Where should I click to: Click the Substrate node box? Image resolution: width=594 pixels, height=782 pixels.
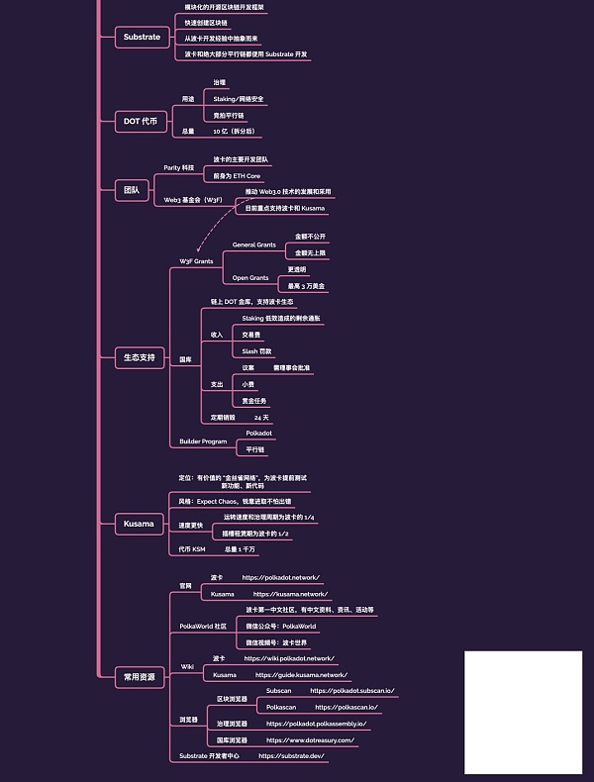pyautogui.click(x=142, y=38)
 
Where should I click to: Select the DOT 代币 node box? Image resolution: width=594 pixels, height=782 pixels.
pyautogui.click(x=140, y=121)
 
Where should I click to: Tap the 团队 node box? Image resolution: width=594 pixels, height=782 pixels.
pyautogui.click(x=132, y=189)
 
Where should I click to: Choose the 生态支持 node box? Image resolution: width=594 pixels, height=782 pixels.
pyautogui.click(x=139, y=356)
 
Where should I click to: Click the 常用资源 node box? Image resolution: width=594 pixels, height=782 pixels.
pyautogui.click(x=139, y=677)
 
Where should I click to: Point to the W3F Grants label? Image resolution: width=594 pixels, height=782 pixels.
pyautogui.click(x=196, y=261)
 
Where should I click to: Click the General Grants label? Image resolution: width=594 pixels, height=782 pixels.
pyautogui.click(x=254, y=244)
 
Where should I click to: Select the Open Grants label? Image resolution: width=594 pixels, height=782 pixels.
pyautogui.click(x=250, y=278)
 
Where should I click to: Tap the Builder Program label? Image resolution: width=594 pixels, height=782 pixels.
pyautogui.click(x=203, y=441)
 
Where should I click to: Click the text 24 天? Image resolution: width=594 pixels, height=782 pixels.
pyautogui.click(x=262, y=418)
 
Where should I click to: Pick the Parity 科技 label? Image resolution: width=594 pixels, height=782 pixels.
pyautogui.click(x=179, y=167)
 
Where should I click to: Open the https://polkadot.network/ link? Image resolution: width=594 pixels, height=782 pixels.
pyautogui.click(x=281, y=577)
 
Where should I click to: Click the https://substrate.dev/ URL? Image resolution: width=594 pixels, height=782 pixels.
pyautogui.click(x=292, y=755)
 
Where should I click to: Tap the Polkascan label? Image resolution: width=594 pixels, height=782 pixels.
pyautogui.click(x=282, y=707)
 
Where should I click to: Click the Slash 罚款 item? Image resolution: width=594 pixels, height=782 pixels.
pyautogui.click(x=257, y=351)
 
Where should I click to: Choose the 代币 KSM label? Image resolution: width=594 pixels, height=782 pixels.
pyautogui.click(x=192, y=548)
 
